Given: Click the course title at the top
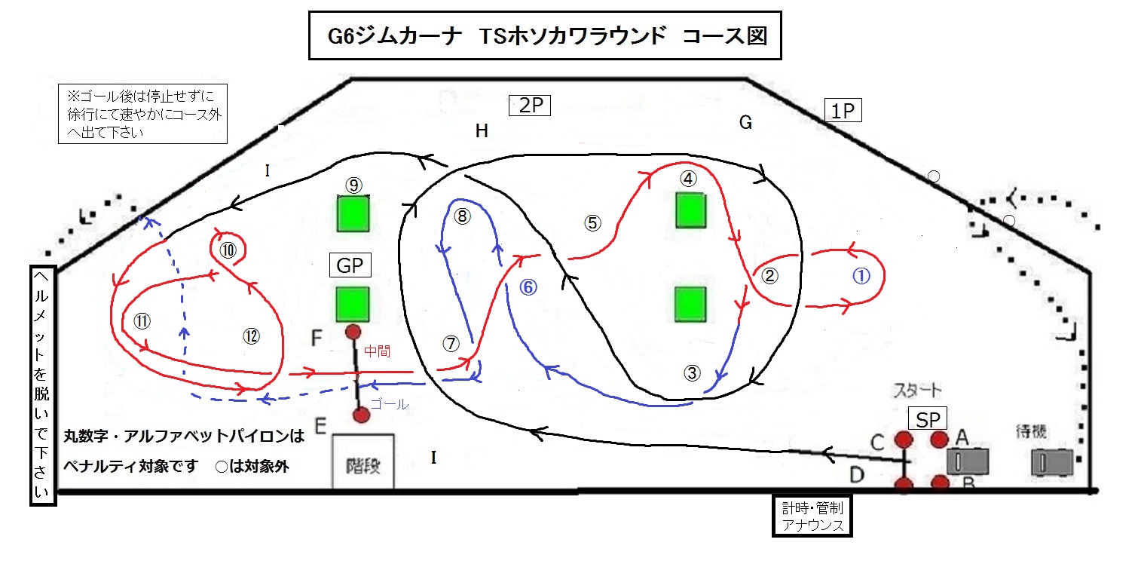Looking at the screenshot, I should pyautogui.click(x=545, y=35).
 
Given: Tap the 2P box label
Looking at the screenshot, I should pyautogui.click(x=531, y=106).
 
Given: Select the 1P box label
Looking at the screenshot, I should pyautogui.click(x=843, y=111).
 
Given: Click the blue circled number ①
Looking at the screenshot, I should pyautogui.click(x=861, y=276).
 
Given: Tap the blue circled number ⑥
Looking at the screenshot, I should pyautogui.click(x=529, y=287).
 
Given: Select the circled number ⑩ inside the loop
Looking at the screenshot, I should pyautogui.click(x=228, y=250).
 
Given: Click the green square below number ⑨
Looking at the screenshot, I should pyautogui.click(x=353, y=213).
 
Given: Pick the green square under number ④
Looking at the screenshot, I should pyautogui.click(x=690, y=210).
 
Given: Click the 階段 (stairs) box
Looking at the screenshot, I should pyautogui.click(x=363, y=461).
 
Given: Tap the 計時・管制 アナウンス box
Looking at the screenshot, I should pyautogui.click(x=812, y=515).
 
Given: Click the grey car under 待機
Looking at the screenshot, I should pyautogui.click(x=1051, y=461).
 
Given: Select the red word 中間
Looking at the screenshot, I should pyautogui.click(x=378, y=351).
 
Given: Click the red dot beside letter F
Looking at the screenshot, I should pyautogui.click(x=352, y=332).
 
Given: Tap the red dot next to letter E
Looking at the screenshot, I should pyautogui.click(x=361, y=415).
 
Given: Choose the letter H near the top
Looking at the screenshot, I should pyautogui.click(x=482, y=132).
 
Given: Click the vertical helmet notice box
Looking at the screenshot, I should pyautogui.click(x=42, y=385).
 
